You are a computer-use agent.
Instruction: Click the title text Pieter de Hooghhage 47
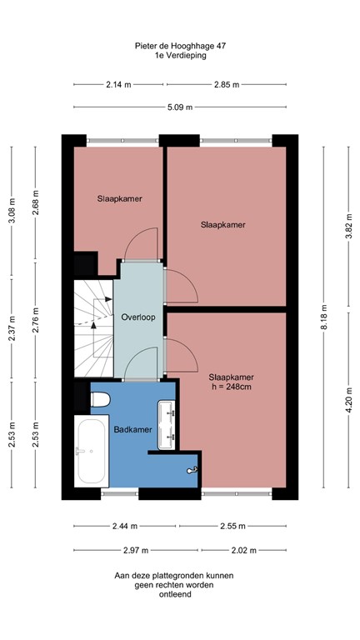(179, 47)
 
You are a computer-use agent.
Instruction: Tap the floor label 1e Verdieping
(179, 57)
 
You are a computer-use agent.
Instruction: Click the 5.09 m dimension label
(179, 107)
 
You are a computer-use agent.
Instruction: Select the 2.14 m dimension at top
(119, 84)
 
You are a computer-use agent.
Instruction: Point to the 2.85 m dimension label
(226, 84)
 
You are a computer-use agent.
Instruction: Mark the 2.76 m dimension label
(36, 320)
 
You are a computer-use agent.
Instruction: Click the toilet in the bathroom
(100, 398)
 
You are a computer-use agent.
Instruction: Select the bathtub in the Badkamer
(90, 452)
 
